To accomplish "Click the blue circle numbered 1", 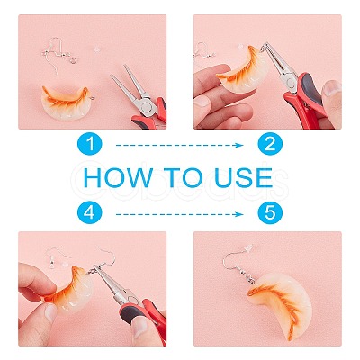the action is click(x=90, y=144).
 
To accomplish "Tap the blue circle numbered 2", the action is click(x=270, y=144).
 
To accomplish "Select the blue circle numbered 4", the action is click(x=90, y=213).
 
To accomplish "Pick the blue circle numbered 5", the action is click(x=270, y=213).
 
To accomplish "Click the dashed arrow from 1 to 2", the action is click(x=179, y=146).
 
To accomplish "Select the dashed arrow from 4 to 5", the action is click(x=179, y=214).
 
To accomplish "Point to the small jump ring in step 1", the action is click(x=73, y=61).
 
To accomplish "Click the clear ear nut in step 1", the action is click(x=96, y=49).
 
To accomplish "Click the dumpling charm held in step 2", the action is click(x=244, y=69).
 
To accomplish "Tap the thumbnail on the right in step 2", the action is click(x=331, y=87).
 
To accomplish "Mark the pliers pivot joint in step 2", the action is click(x=291, y=81).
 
